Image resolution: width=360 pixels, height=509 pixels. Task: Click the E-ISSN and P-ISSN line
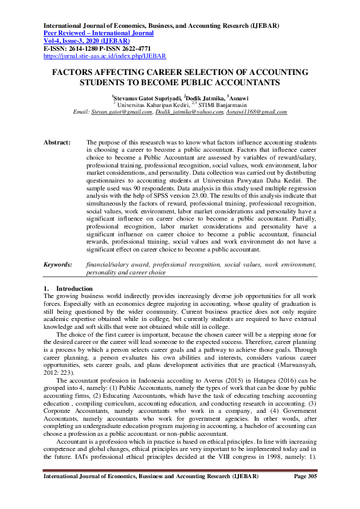[97, 48]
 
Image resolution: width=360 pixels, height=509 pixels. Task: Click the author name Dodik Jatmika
[204, 98]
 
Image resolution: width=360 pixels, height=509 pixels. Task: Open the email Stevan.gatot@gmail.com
[121, 112]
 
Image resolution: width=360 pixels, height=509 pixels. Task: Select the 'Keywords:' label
[59, 264]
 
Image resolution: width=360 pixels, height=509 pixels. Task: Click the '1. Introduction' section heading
[68, 288]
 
